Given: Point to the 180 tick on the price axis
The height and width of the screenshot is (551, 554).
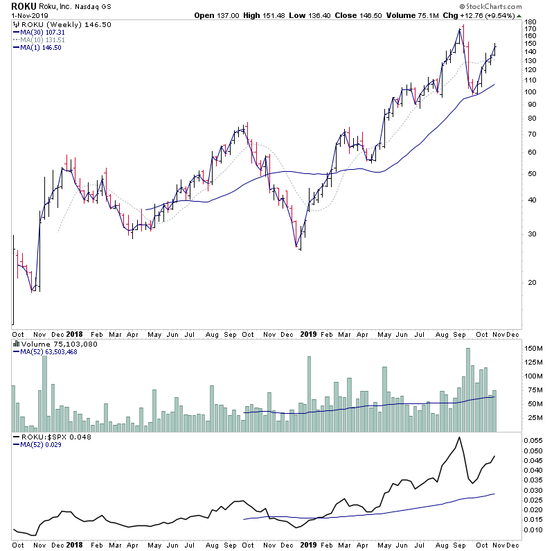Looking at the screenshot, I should (531, 22).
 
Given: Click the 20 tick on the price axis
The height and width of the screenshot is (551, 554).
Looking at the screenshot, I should (529, 282).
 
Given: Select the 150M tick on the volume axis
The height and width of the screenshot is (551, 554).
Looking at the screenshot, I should (534, 349).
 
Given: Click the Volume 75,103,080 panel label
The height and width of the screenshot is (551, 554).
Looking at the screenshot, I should (49, 343).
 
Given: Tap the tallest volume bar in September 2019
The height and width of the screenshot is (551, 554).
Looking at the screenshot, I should (468, 390).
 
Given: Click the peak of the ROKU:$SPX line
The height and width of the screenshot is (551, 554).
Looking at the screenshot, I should (459, 438).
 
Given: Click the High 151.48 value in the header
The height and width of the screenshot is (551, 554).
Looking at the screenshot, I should (274, 15).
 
